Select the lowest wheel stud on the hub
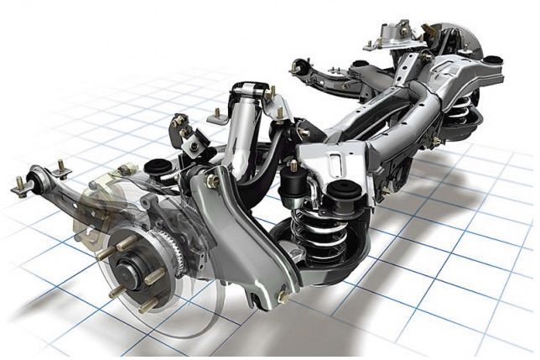coord(148,305)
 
